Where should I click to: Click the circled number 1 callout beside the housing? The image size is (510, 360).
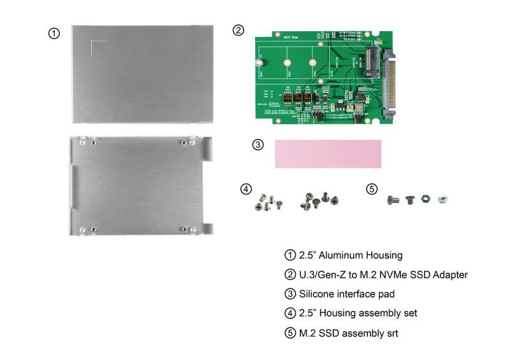click(x=55, y=33)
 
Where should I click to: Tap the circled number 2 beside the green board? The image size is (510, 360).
click(x=238, y=30)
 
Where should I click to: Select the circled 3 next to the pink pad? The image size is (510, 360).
click(x=258, y=145)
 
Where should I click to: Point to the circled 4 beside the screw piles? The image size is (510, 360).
click(x=245, y=189)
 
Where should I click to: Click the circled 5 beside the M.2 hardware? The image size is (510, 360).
click(x=372, y=189)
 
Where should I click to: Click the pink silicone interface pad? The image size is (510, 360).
click(x=327, y=154)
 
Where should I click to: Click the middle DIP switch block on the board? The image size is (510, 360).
click(x=298, y=99)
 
